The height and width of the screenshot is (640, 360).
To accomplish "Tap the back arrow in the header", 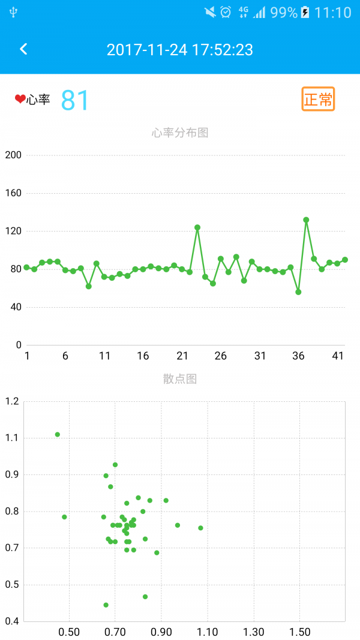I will coord(23,49).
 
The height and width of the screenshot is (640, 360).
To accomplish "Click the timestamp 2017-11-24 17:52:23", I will coord(180,50).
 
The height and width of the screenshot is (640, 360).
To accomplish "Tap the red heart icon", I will coord(20,99).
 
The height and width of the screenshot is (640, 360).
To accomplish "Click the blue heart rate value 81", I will coord(75,100).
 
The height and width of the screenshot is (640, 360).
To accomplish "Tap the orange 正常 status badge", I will coord(318,99).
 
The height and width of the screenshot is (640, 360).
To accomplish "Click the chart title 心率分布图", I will coord(180,133).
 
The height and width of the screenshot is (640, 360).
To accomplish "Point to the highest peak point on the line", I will coord(306,220).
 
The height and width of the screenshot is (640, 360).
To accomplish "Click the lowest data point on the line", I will coord(298,292).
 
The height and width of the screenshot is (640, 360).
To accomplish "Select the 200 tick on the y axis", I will coord(13,155).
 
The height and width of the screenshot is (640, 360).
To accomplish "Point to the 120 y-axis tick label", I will coord(13,231).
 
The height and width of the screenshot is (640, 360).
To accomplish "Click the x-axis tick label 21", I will coord(182,356).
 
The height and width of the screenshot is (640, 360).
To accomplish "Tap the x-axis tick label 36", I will coord(298,356).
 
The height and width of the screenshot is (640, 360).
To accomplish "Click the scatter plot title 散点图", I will coord(180,378).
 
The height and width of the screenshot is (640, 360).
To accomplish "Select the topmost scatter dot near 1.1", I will coord(58,434).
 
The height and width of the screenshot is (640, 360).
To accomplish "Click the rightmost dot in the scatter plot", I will coord(200,528).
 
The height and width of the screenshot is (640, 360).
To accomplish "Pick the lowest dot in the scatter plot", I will coord(106,605).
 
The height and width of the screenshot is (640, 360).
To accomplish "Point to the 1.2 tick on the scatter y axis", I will coord(12,401).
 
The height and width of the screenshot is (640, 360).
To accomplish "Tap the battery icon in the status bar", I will coord(305,13).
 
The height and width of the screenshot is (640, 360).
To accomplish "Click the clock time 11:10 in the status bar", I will coord(333,13).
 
